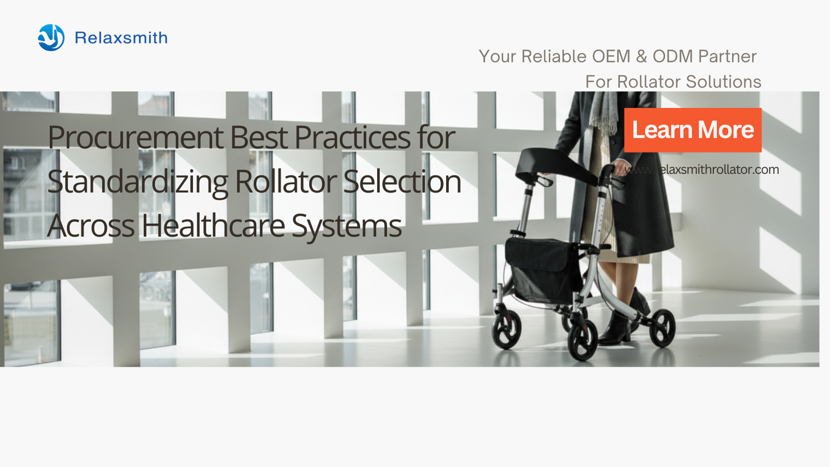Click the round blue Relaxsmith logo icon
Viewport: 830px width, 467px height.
tap(51, 37)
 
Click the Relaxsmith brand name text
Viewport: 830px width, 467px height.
tap(121, 38)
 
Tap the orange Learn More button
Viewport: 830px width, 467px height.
tap(693, 130)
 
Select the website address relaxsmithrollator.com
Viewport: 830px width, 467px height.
tap(701, 170)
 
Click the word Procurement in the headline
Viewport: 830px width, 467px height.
tap(135, 138)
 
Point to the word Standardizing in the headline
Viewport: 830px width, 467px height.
tap(137, 182)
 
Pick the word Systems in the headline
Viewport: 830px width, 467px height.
tap(347, 226)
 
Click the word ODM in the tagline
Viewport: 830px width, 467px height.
tap(673, 57)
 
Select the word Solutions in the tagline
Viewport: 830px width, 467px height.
tap(724, 82)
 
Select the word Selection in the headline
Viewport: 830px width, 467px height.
tap(402, 182)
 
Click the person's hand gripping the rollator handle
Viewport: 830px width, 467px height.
tap(619, 167)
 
